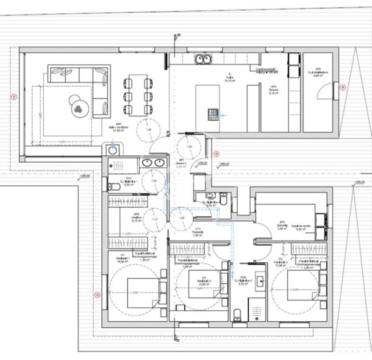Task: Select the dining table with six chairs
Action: (x=137, y=95)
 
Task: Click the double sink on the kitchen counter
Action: (x=202, y=59)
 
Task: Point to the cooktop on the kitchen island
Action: (x=213, y=113)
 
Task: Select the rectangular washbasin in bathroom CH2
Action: (x=262, y=281)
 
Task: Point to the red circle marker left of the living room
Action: (x=13, y=95)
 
